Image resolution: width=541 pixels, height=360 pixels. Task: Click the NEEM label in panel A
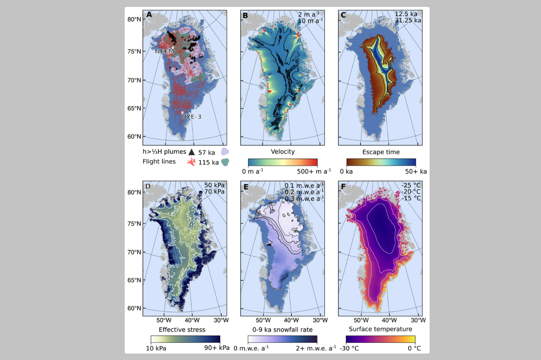[x=164, y=51]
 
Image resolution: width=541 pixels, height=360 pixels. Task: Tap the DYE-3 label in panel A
[x=191, y=116]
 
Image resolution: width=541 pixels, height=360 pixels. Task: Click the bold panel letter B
[x=245, y=15]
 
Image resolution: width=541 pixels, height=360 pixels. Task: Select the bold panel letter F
[x=343, y=187]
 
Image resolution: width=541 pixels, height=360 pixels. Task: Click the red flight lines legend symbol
[x=191, y=162]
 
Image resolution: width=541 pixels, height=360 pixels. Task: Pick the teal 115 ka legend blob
[x=225, y=162]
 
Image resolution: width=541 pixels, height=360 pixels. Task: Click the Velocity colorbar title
[x=283, y=152]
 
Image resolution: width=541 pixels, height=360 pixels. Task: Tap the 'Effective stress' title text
[x=182, y=329]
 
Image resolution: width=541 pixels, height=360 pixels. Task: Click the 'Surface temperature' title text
[x=380, y=329]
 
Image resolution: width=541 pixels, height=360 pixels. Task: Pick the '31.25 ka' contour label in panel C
[x=408, y=20]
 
